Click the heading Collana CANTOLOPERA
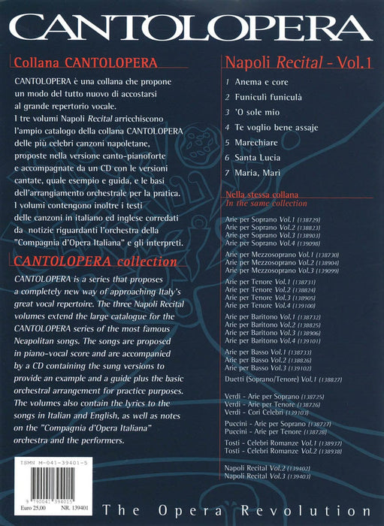point(65,62)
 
